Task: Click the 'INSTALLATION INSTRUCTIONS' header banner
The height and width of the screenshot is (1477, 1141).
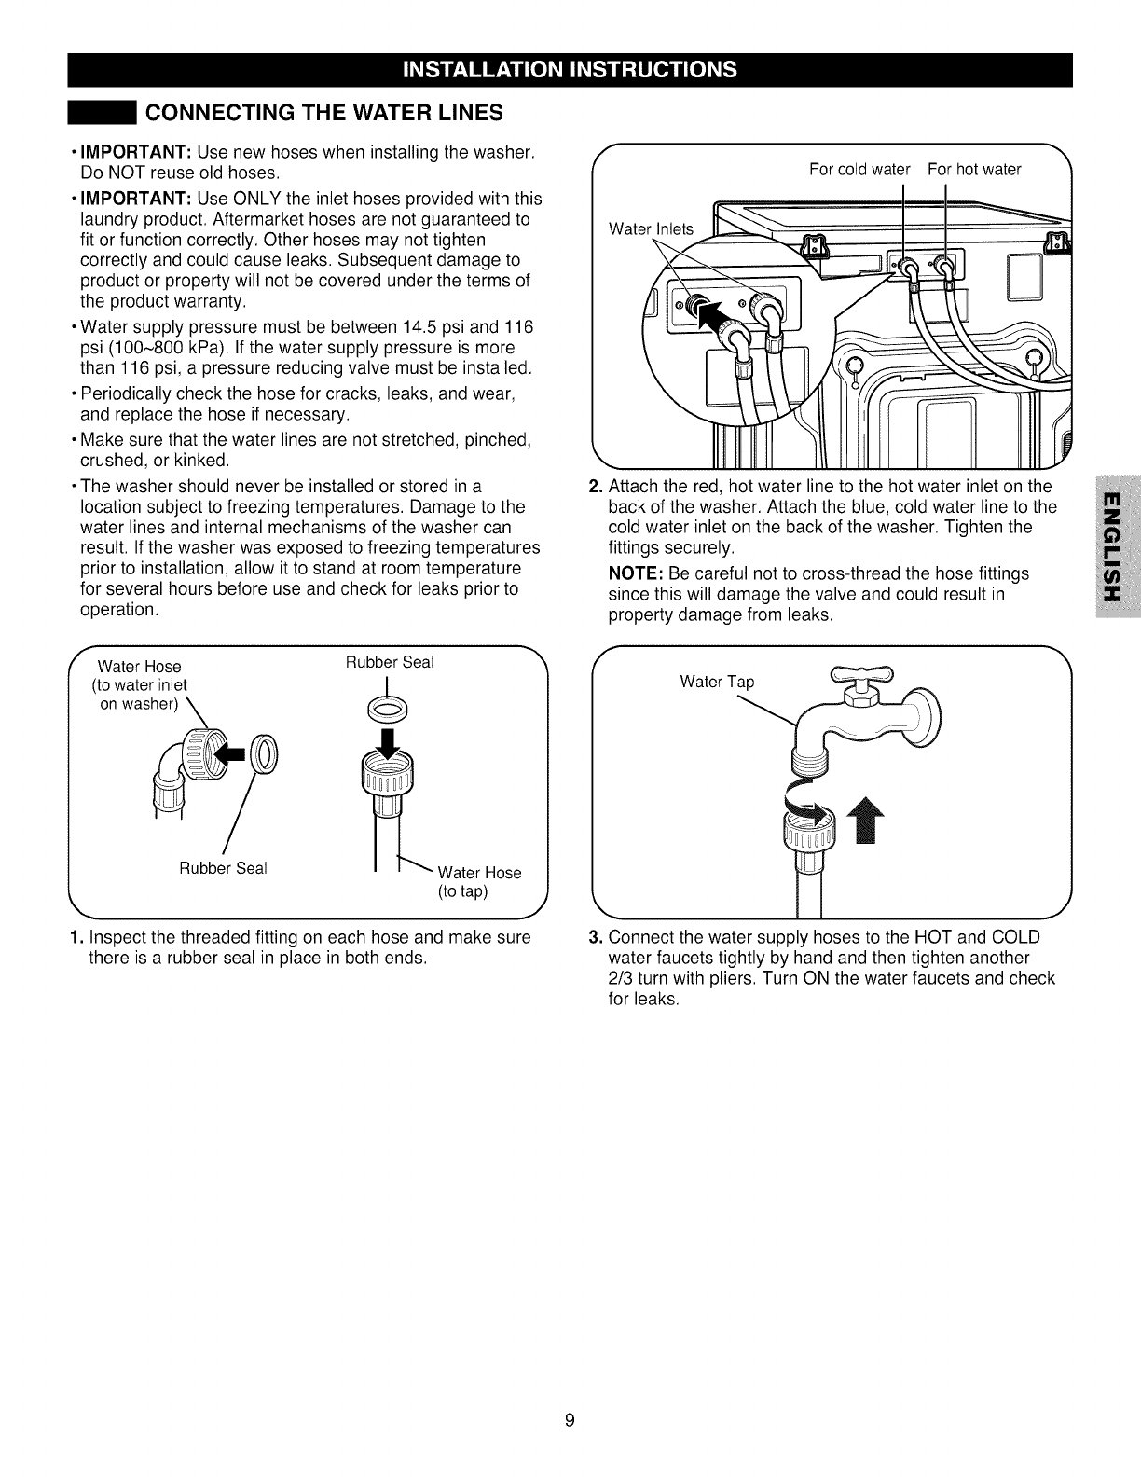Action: (570, 70)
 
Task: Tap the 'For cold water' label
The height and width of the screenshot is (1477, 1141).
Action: (859, 169)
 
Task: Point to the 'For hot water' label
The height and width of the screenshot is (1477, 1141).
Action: (974, 169)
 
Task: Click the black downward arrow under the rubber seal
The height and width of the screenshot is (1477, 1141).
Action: (390, 741)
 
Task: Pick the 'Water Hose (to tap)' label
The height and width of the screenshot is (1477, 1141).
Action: (479, 881)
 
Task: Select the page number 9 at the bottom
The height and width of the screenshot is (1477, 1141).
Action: (570, 1421)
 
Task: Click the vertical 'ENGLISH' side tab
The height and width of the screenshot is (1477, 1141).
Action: (1117, 549)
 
